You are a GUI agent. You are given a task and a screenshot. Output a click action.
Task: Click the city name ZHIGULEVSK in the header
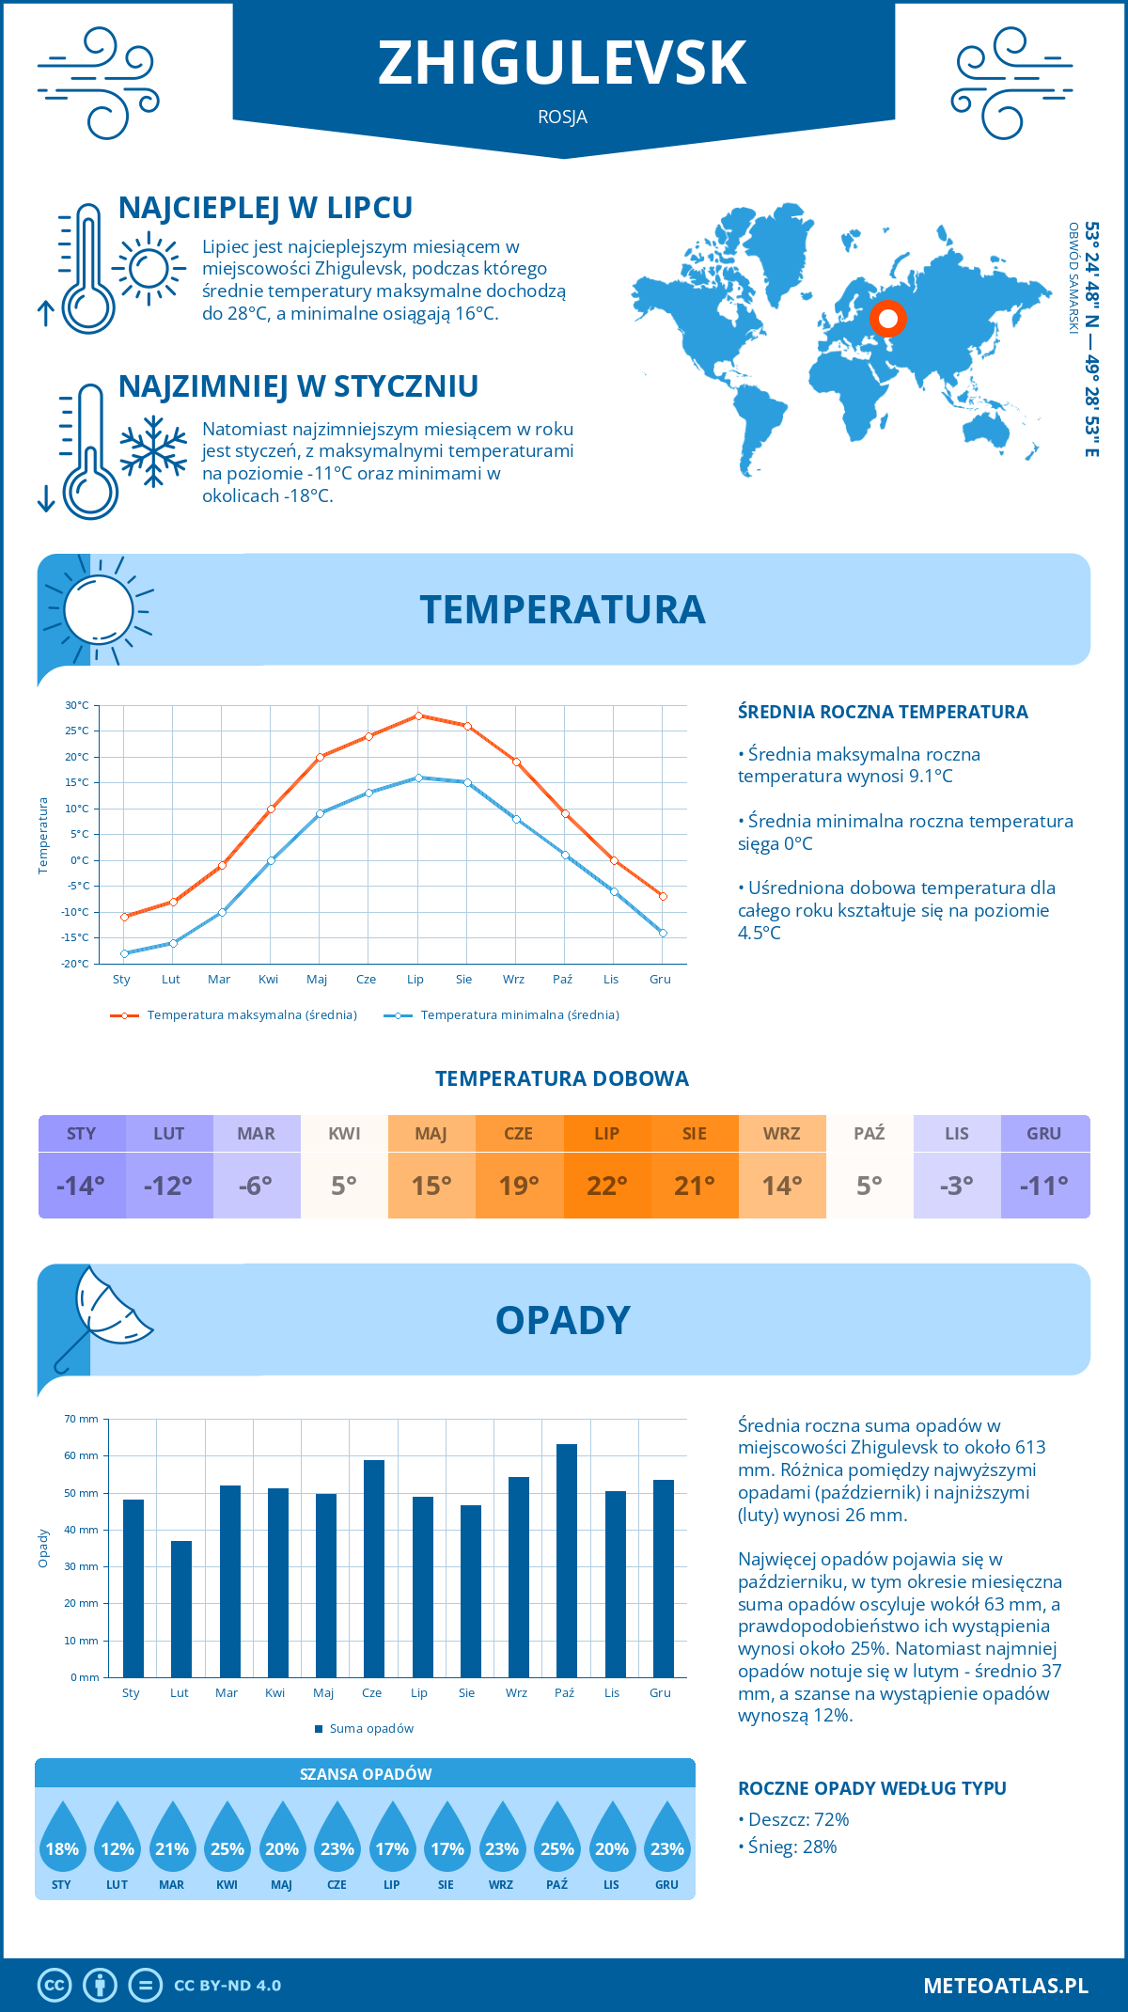click(x=562, y=63)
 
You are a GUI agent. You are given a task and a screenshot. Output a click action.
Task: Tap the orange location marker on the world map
click(x=887, y=319)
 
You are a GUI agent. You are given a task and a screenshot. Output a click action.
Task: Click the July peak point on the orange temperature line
click(x=418, y=715)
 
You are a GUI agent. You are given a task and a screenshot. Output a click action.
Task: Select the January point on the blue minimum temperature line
click(x=124, y=953)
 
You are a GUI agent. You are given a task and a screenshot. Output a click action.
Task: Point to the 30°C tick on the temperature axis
click(x=77, y=705)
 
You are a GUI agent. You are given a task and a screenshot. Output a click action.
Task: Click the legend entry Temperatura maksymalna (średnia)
click(x=234, y=1015)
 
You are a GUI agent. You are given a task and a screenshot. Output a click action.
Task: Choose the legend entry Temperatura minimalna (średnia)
click(x=502, y=1015)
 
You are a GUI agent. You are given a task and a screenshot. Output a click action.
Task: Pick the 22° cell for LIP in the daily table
click(x=606, y=1186)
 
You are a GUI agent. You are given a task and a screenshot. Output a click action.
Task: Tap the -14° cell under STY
click(x=81, y=1186)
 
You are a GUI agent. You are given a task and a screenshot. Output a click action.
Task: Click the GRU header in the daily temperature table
click(x=1043, y=1134)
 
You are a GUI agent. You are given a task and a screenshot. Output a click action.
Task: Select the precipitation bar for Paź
click(x=566, y=1561)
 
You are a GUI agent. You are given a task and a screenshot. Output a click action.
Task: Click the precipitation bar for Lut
click(x=181, y=1609)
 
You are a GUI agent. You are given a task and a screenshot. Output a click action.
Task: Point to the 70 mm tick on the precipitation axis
click(x=82, y=1419)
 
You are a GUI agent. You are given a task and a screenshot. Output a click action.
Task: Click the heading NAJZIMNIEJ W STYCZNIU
click(x=298, y=386)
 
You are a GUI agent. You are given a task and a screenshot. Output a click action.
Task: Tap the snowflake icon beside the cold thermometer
click(x=153, y=451)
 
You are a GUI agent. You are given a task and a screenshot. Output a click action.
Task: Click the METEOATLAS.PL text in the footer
click(x=1005, y=1986)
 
